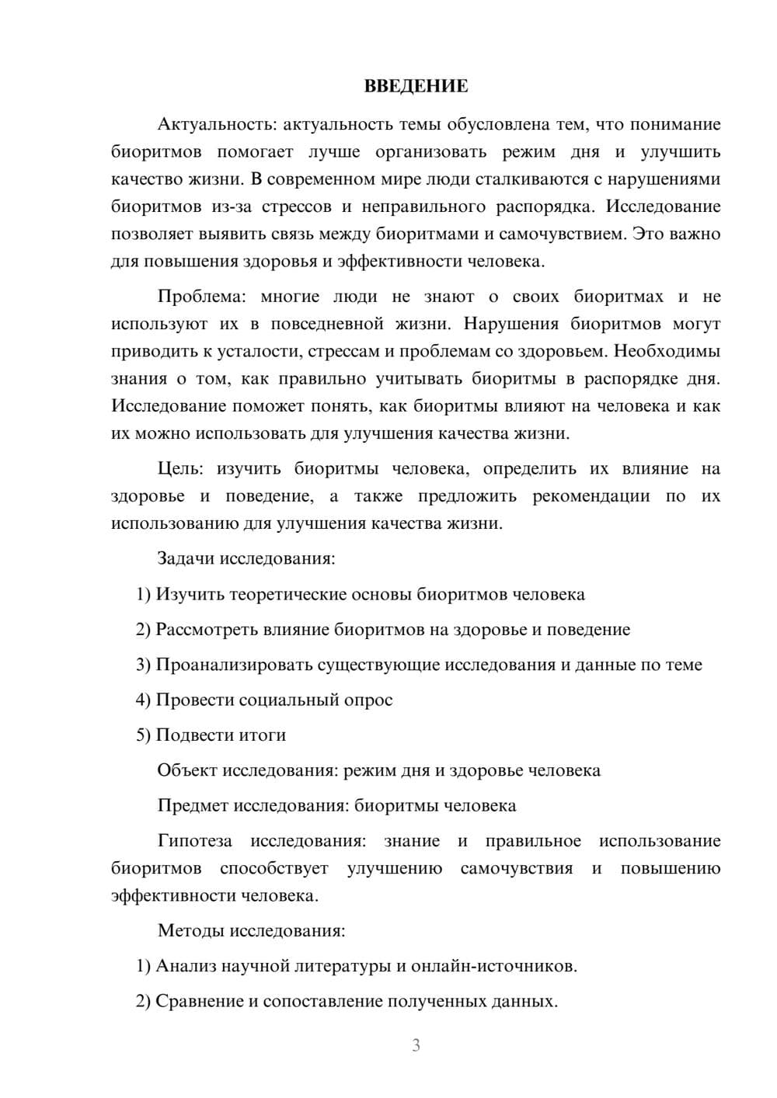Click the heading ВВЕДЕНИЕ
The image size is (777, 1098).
(x=416, y=86)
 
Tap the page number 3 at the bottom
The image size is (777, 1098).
(x=416, y=1045)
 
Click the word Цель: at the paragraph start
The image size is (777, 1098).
(x=180, y=468)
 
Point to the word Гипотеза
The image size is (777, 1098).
(x=194, y=841)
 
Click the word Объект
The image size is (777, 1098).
(x=187, y=770)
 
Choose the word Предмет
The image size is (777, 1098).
(x=192, y=805)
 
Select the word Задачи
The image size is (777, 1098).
(x=186, y=558)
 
